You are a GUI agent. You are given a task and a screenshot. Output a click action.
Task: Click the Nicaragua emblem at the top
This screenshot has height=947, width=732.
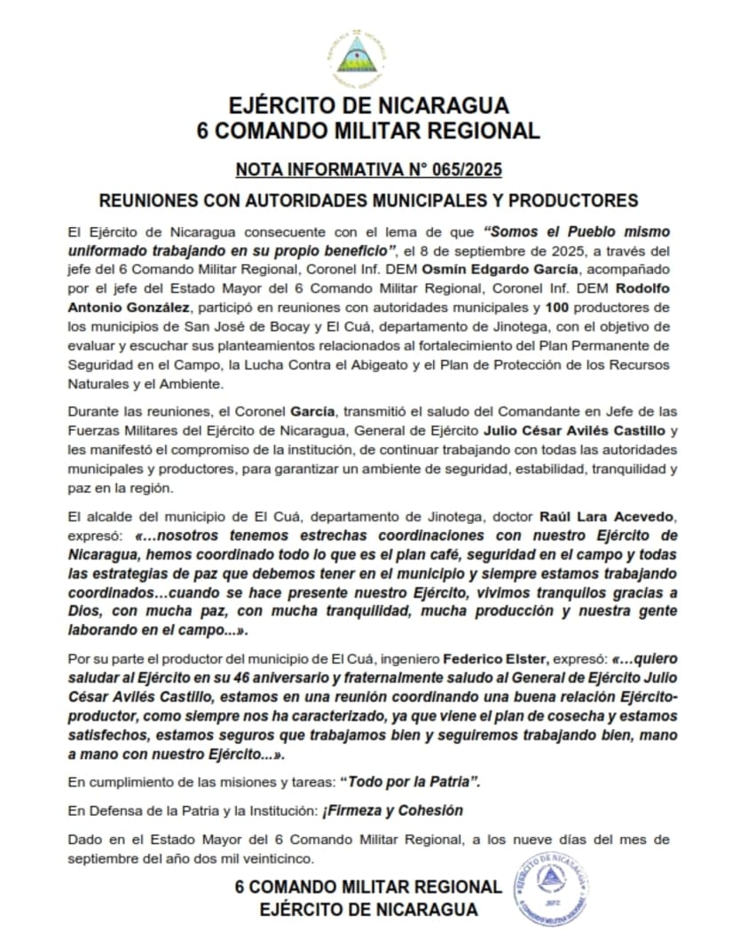pyautogui.click(x=358, y=56)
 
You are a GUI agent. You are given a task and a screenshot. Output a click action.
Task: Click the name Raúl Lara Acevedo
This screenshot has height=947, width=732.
pyautogui.click(x=601, y=516)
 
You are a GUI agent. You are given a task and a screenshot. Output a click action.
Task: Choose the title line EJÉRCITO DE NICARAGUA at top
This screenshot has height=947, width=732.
pyautogui.click(x=368, y=105)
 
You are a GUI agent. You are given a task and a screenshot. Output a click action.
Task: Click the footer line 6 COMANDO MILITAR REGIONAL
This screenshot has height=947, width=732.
pyautogui.click(x=368, y=887)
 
